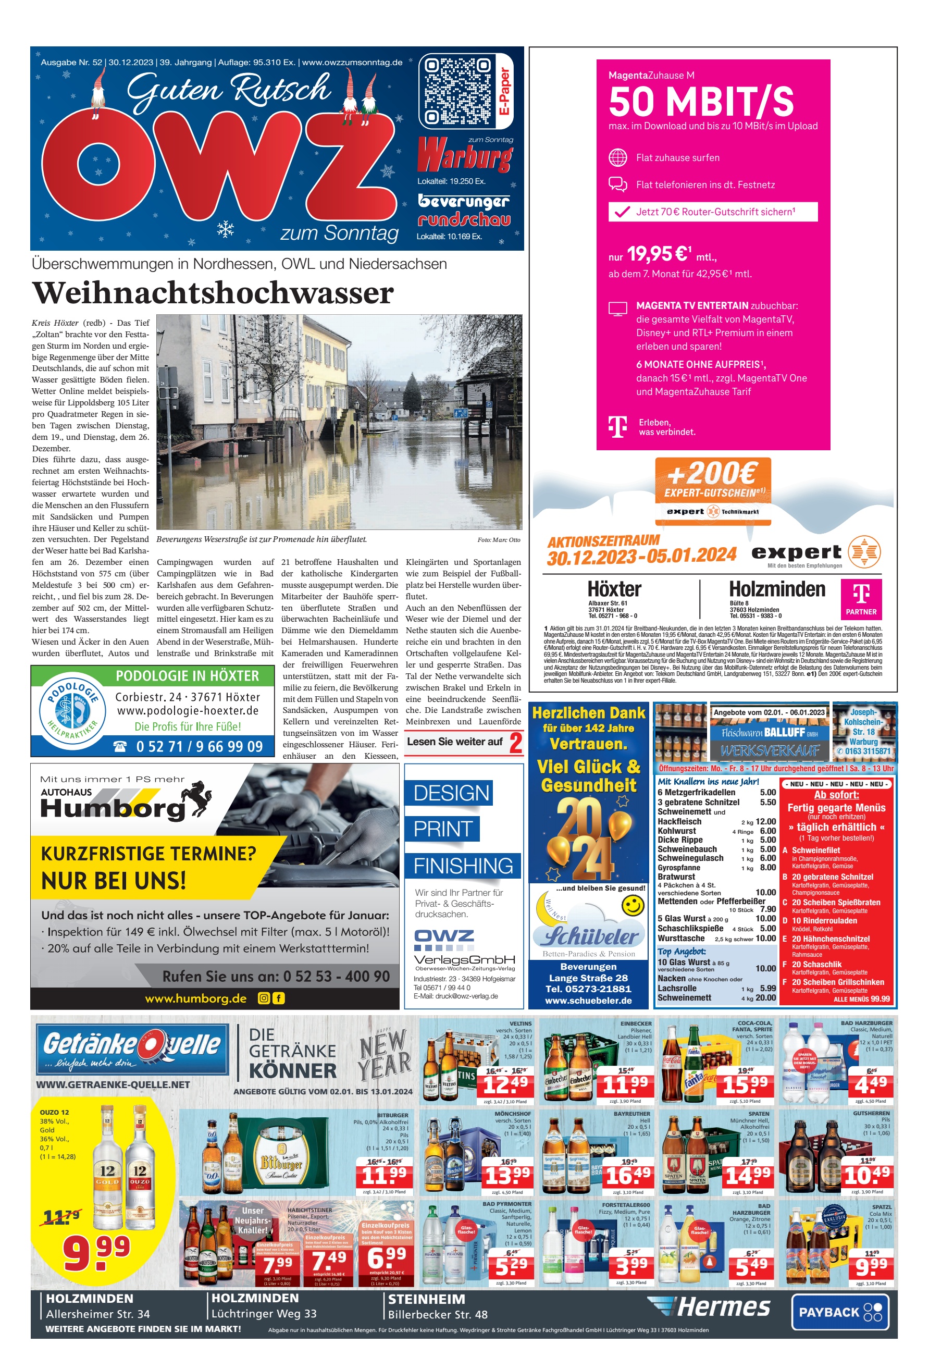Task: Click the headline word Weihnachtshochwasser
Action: point(213,293)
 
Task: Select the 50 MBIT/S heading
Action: point(701,101)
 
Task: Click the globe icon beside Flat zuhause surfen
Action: point(617,158)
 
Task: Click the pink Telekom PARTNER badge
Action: point(861,598)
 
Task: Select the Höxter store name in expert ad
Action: point(614,589)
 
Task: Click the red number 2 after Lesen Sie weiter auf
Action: point(515,743)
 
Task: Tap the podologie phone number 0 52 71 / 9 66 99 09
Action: point(199,747)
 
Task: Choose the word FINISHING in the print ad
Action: point(463,866)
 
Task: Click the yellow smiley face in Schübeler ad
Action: point(633,905)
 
